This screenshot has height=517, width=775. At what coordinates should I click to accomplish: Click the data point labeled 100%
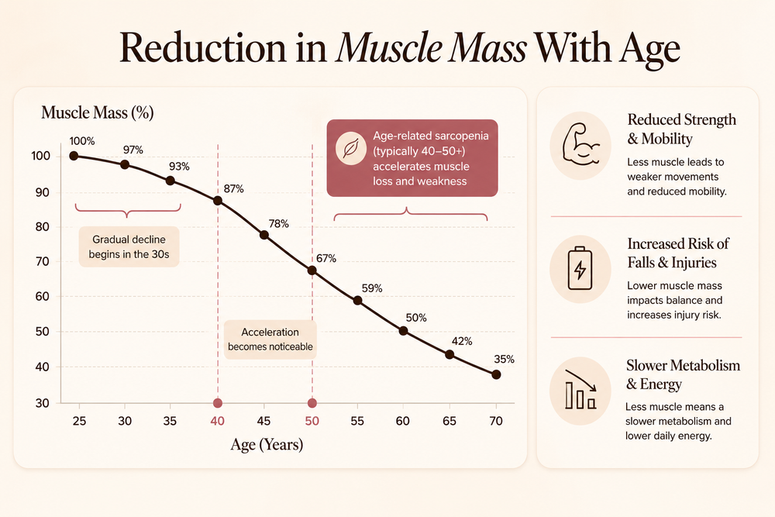click(x=74, y=156)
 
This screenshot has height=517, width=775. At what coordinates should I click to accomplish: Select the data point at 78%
click(x=264, y=235)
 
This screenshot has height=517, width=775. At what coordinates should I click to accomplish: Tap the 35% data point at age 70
click(x=496, y=374)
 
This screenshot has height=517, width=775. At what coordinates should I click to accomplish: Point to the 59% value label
click(x=372, y=288)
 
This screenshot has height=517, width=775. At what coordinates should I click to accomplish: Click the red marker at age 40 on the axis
click(x=218, y=403)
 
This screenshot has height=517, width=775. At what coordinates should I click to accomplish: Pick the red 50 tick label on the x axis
click(x=312, y=421)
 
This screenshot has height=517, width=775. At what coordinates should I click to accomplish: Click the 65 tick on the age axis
click(x=449, y=421)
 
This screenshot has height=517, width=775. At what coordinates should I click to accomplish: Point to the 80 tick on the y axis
click(x=43, y=227)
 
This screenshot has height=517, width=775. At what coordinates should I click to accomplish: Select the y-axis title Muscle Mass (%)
click(x=98, y=112)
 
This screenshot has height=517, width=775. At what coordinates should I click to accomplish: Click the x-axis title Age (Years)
click(x=267, y=444)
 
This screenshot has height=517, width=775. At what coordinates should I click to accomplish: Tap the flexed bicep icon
click(x=580, y=144)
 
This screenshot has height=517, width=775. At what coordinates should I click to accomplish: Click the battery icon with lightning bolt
click(x=580, y=268)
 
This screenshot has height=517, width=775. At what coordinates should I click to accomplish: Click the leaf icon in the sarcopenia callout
click(x=351, y=148)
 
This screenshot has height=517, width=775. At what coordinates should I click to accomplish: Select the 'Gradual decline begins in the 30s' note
click(x=129, y=246)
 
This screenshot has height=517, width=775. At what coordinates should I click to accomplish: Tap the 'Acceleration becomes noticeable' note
click(x=270, y=339)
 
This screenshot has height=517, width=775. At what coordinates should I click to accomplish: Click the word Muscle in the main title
click(x=388, y=48)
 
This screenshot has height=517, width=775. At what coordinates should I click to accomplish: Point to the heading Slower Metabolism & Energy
click(x=683, y=374)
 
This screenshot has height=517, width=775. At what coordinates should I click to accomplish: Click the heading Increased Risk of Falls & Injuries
click(x=678, y=253)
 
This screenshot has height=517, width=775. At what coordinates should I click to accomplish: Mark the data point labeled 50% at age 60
click(x=403, y=331)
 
